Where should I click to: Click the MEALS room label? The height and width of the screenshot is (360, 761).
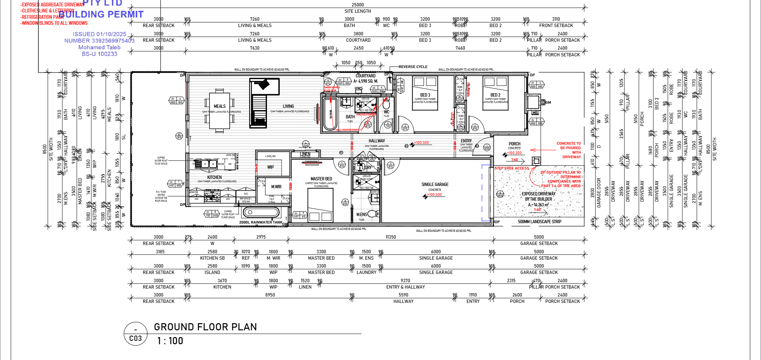point(220,106)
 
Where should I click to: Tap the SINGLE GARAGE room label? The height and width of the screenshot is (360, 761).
point(435,185)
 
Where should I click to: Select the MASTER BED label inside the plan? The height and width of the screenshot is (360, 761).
point(321,179)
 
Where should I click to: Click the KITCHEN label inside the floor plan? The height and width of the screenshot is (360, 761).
point(214,177)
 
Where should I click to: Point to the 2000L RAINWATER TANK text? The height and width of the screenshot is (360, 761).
point(261,222)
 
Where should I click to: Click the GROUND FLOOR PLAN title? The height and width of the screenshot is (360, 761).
point(205,327)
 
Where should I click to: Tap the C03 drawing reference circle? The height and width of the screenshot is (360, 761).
point(135,334)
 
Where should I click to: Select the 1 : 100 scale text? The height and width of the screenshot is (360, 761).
point(170,341)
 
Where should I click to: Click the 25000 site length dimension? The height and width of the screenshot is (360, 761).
point(358,5)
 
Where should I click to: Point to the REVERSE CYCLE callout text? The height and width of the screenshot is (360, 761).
point(413,67)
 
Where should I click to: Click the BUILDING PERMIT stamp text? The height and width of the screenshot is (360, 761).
point(101,15)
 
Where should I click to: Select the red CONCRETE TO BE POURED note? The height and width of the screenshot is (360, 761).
point(570,150)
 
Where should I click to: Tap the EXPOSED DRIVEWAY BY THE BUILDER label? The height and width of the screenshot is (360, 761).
point(538,197)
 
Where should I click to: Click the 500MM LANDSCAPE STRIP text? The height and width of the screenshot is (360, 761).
point(539,222)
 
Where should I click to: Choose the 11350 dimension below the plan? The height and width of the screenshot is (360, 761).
point(391,237)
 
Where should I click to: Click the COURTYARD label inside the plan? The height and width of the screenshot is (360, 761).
point(365,76)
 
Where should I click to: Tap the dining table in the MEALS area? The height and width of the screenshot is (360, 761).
point(219,111)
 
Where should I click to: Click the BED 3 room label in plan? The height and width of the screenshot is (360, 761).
point(425,95)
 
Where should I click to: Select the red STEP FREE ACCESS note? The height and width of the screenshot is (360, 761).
point(512,168)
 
